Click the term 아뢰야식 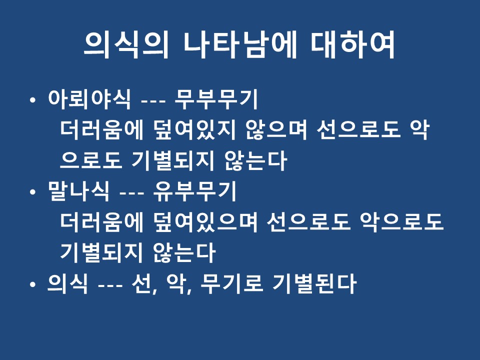click(x=89, y=99)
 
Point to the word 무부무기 click(x=216, y=99)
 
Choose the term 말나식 click(x=78, y=191)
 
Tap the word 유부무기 click(x=194, y=191)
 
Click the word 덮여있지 click(x=195, y=130)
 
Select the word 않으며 click(x=276, y=130)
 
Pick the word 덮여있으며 click(x=205, y=222)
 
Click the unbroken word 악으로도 click(x=401, y=222)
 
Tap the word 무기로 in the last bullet click(x=231, y=283)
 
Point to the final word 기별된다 click(x=314, y=283)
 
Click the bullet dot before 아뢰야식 click(x=33, y=100)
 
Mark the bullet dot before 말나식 click(x=33, y=192)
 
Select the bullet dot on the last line click(x=33, y=284)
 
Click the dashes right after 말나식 click(x=131, y=193)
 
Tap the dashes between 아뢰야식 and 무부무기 click(x=153, y=101)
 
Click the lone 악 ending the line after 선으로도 click(x=419, y=130)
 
